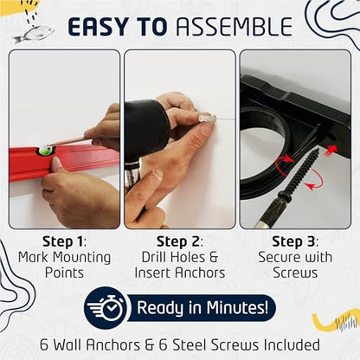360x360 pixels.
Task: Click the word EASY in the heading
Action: coord(98,27)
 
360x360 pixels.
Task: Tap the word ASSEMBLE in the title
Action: coord(235,27)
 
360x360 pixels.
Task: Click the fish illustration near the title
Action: coord(34,34)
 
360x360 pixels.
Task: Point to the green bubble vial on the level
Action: coord(46,150)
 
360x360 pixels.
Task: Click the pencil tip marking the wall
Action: coord(49,145)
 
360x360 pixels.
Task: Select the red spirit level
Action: coord(64,162)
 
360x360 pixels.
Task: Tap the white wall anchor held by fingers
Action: coord(207,118)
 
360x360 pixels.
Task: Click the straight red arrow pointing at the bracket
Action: coord(331,150)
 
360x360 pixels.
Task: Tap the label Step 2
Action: coord(179,241)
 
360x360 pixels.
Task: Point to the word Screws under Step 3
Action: coord(295,273)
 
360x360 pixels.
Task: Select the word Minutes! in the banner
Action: coord(237,307)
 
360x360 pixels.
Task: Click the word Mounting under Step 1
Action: coord(82,258)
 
